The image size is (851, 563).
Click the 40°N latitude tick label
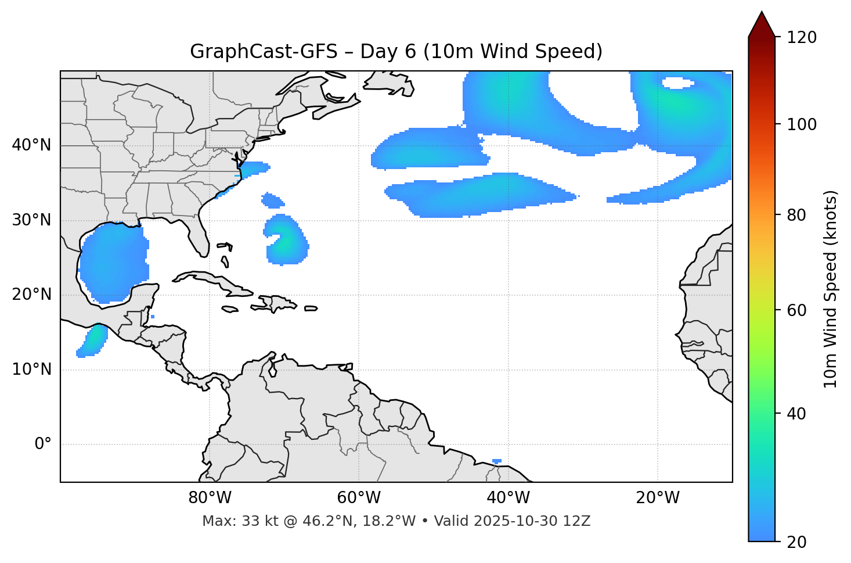31,145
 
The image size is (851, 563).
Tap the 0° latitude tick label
43,444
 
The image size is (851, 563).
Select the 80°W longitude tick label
210,498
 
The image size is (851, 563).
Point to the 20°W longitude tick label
658,498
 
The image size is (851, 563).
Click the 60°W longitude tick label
359,498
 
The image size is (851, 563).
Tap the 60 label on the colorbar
797,310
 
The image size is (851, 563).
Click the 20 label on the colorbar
797,542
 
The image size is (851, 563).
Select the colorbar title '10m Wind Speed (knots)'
831,289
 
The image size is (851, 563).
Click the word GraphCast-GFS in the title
264,52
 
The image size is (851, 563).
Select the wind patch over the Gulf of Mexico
113,261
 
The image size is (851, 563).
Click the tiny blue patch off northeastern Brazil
497,461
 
